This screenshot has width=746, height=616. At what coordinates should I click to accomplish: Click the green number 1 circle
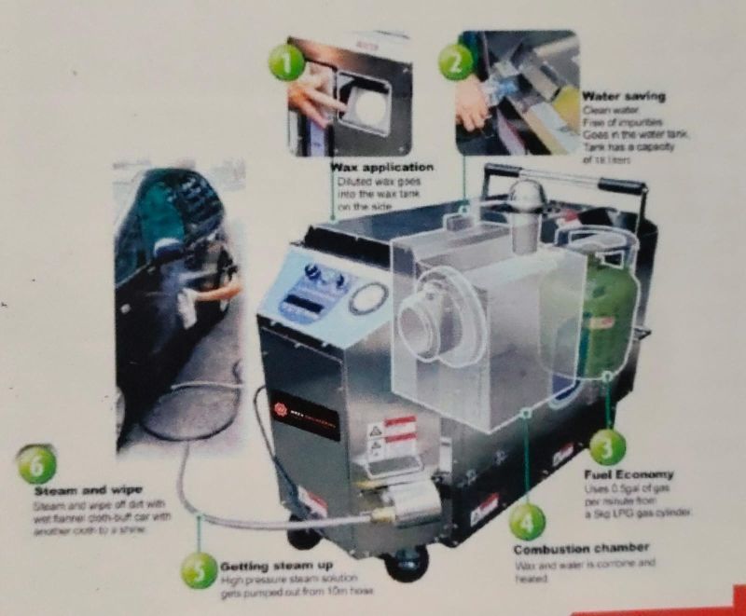click(x=288, y=62)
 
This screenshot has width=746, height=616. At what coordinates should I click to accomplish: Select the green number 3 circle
click(x=606, y=448)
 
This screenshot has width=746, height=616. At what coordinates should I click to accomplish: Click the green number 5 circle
click(x=198, y=570)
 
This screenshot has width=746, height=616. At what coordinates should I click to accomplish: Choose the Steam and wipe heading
click(x=88, y=489)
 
